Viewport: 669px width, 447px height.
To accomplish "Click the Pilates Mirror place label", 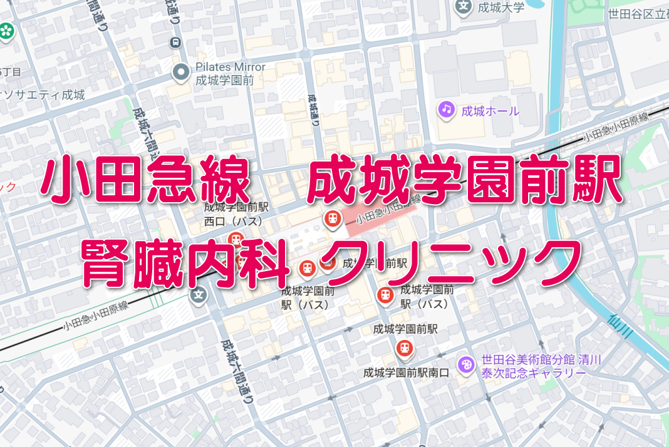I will (x=230, y=73).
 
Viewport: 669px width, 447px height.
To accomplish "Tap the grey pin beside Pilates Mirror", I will (x=181, y=73).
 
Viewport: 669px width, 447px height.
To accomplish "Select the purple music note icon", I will (x=446, y=110).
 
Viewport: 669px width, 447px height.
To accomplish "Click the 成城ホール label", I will (x=490, y=112).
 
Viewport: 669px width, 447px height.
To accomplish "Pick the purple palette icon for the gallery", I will (x=465, y=364).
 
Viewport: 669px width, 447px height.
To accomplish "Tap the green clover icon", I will (x=6, y=29).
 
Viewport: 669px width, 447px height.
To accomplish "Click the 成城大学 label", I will (x=500, y=8).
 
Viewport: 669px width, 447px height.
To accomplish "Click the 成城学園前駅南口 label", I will (x=406, y=372).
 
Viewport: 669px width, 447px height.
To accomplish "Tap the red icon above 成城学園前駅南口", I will (x=405, y=347).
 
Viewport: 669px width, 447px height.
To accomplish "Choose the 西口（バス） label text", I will (x=234, y=221).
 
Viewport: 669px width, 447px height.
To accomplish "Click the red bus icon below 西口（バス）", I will (x=236, y=239).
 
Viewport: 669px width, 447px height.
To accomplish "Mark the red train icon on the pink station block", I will (x=331, y=218).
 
